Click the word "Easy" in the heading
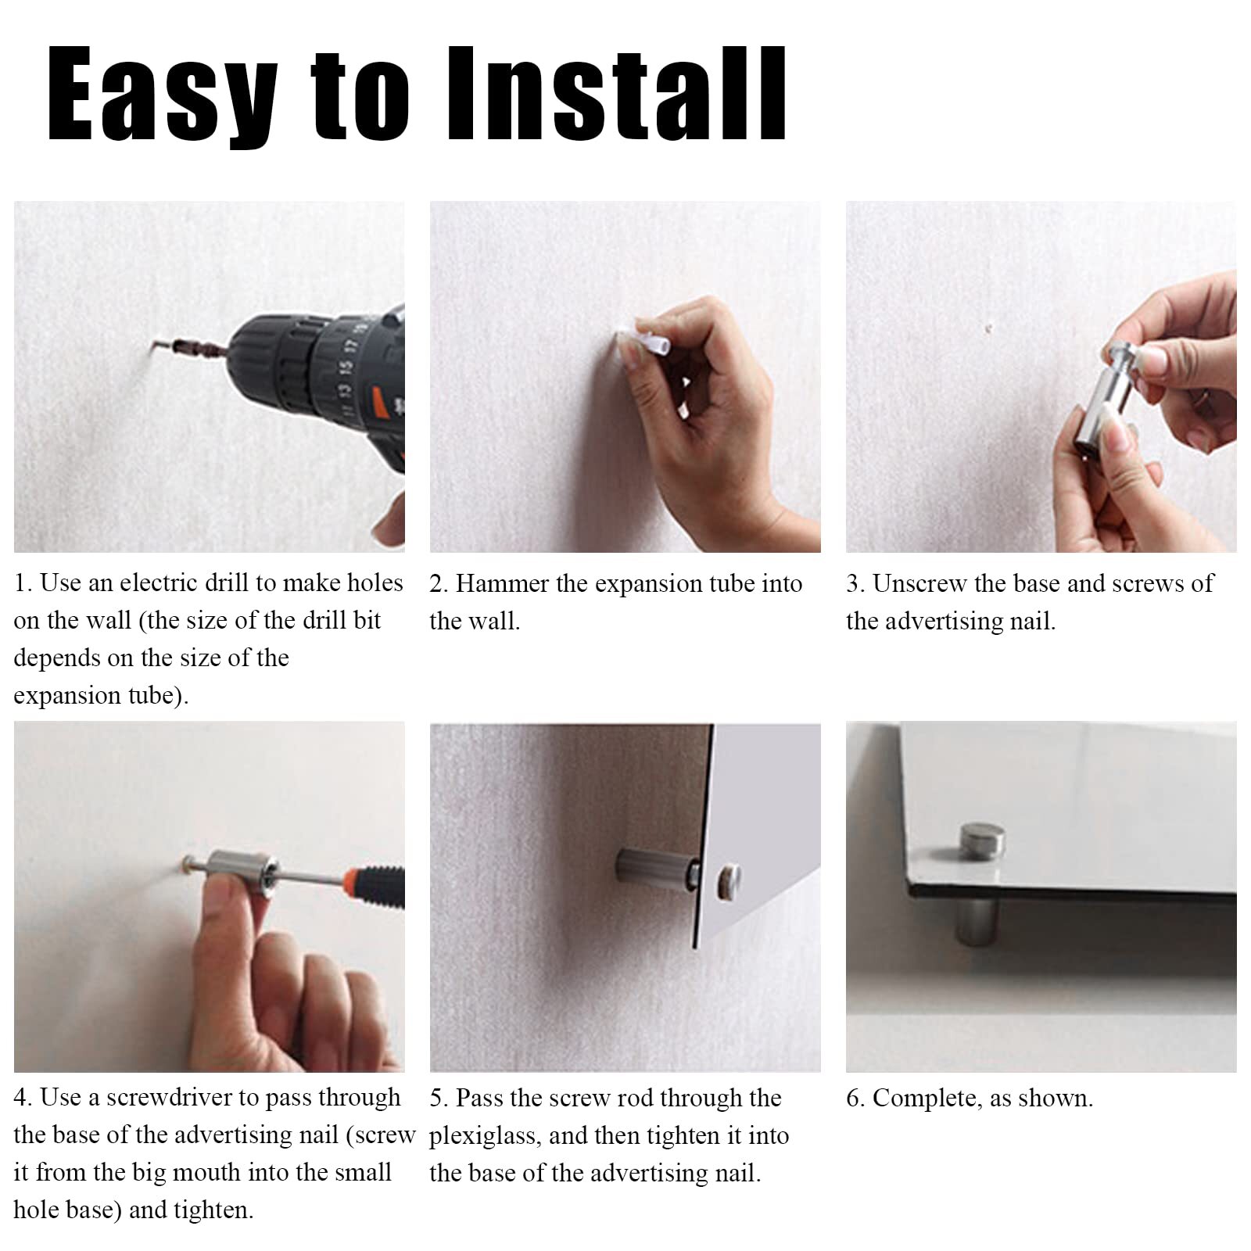pos(163,95)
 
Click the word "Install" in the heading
pos(616,94)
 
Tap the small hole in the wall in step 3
pos(988,329)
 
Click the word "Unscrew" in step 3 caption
pos(919,584)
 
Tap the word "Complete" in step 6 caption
pos(926,1099)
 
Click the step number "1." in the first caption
pos(23,583)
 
